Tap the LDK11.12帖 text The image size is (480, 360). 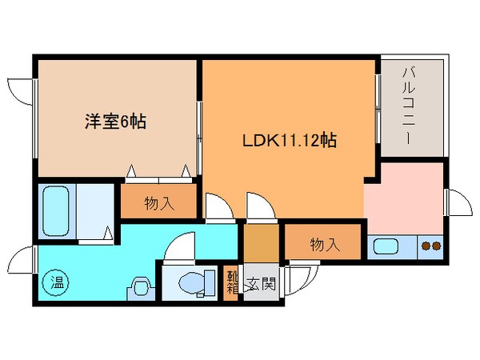[x=289, y=142]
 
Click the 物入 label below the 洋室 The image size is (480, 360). [x=158, y=202]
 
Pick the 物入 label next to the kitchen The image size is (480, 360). [x=324, y=245]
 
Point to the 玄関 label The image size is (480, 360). [x=262, y=282]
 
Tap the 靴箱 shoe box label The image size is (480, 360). [x=230, y=282]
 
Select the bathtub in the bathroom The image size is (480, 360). [x=58, y=209]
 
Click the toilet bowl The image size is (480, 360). [x=193, y=282]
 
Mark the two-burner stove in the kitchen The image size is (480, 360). [x=430, y=246]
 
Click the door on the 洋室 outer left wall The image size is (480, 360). [x=21, y=90]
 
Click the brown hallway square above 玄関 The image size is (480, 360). [x=258, y=243]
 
